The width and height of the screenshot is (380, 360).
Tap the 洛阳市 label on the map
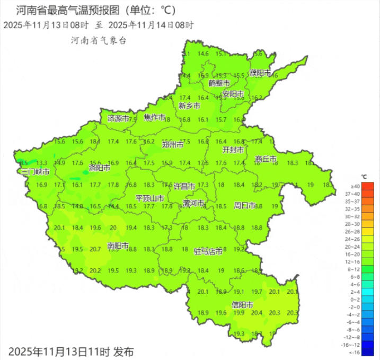100,168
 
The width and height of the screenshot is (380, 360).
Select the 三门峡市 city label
36,172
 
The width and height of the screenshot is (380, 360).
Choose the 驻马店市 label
208,251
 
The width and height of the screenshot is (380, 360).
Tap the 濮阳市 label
260,73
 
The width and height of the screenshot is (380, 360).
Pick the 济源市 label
118,118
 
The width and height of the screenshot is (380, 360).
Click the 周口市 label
245,205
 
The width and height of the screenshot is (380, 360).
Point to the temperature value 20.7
95,249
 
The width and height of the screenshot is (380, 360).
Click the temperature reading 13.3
42,163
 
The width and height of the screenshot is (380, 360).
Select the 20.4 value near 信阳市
257,313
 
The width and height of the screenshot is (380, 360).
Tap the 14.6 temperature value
203,54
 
